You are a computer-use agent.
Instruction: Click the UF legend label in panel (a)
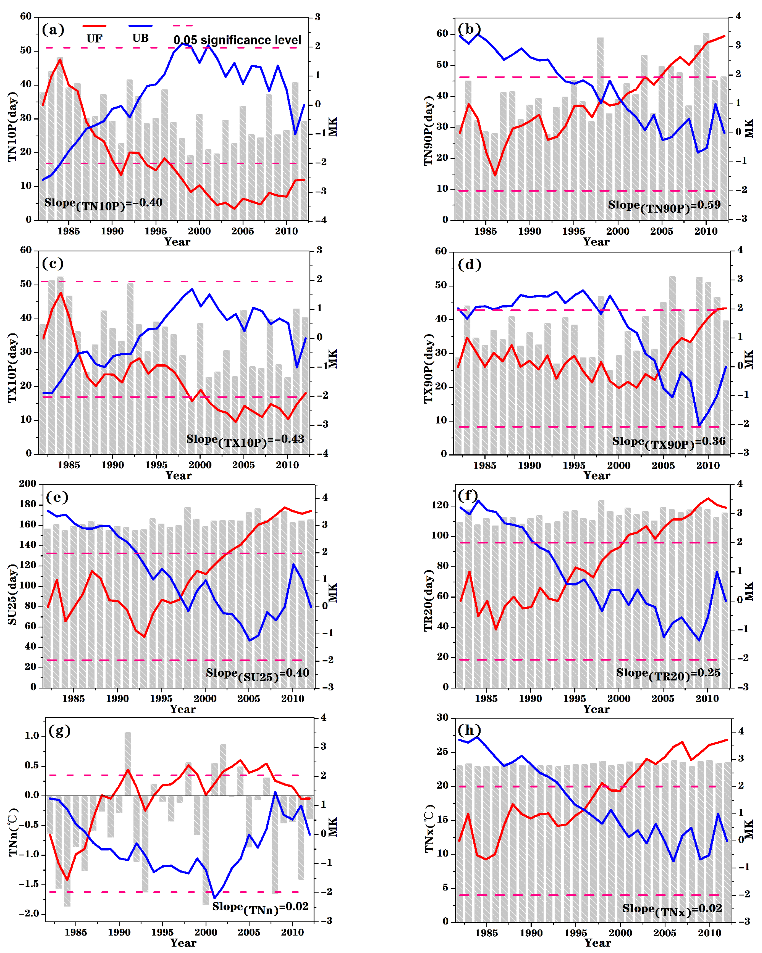[x=94, y=39]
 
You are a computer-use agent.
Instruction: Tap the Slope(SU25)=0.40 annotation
[x=257, y=674]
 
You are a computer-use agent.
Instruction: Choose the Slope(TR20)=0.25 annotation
[x=668, y=674]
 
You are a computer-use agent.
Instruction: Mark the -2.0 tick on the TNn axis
[x=29, y=913]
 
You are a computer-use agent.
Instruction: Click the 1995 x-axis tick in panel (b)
[x=573, y=231]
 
